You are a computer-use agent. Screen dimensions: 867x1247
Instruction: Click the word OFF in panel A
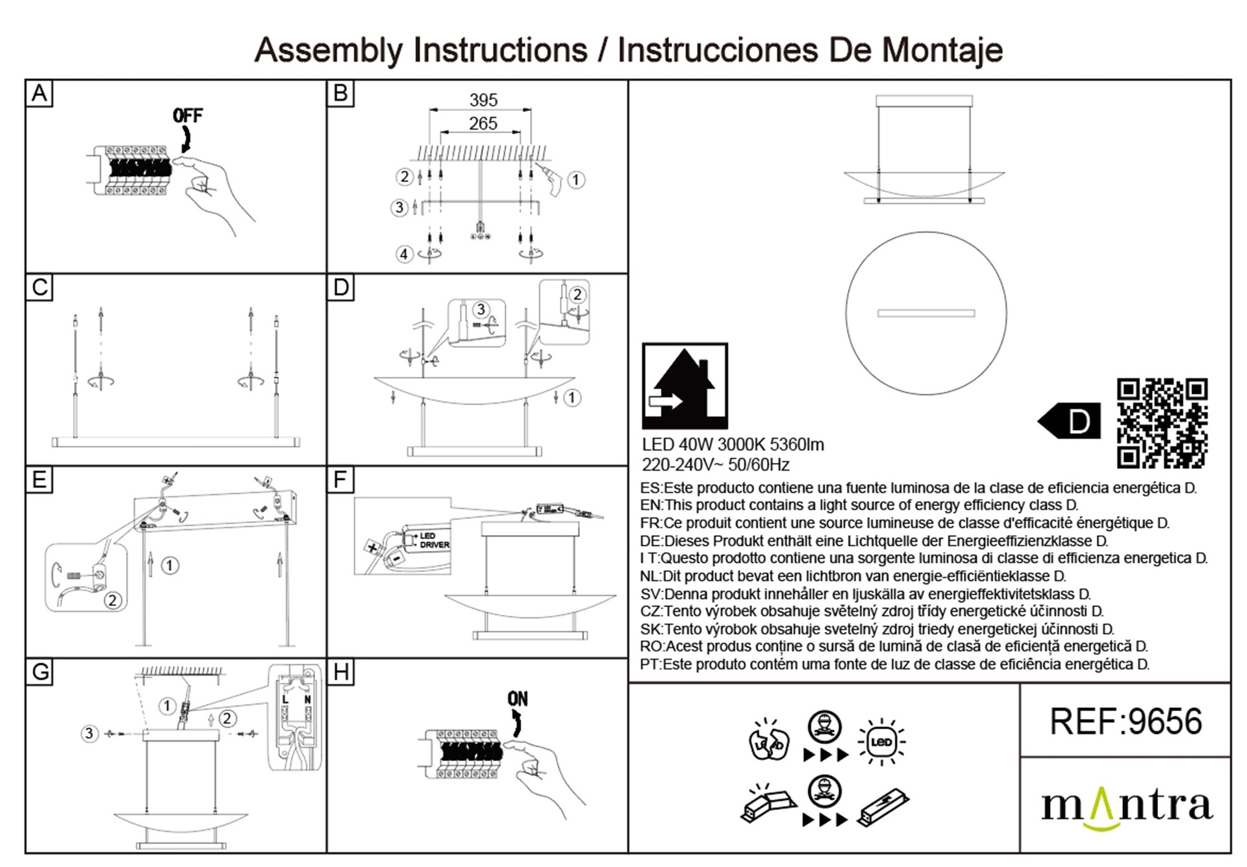click(187, 116)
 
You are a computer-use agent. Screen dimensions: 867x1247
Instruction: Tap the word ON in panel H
click(518, 699)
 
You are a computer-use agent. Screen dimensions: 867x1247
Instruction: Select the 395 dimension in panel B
click(483, 100)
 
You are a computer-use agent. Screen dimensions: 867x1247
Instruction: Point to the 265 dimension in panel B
click(483, 123)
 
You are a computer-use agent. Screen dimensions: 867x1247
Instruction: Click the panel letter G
click(40, 672)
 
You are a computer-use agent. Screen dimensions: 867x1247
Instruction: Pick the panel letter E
click(39, 480)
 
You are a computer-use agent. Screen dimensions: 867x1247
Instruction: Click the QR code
click(1162, 423)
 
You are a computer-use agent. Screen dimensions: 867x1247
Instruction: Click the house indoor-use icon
click(685, 386)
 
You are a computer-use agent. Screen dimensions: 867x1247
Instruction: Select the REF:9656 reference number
click(1126, 722)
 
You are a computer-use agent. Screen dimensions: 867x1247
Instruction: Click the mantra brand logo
click(1126, 807)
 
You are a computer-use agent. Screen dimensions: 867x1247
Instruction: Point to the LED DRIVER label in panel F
click(434, 540)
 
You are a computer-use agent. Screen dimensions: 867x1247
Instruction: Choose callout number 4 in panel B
click(404, 254)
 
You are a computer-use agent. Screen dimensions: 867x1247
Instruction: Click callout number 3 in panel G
click(90, 734)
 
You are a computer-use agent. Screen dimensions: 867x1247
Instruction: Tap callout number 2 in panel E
click(112, 600)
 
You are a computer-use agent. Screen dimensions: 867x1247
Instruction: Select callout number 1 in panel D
click(572, 397)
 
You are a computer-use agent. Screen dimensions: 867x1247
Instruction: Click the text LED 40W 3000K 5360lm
click(733, 445)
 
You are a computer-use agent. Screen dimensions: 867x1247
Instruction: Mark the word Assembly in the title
click(329, 51)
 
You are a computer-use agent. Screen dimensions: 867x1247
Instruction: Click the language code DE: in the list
click(651, 541)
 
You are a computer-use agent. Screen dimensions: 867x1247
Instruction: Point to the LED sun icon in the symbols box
click(881, 742)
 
